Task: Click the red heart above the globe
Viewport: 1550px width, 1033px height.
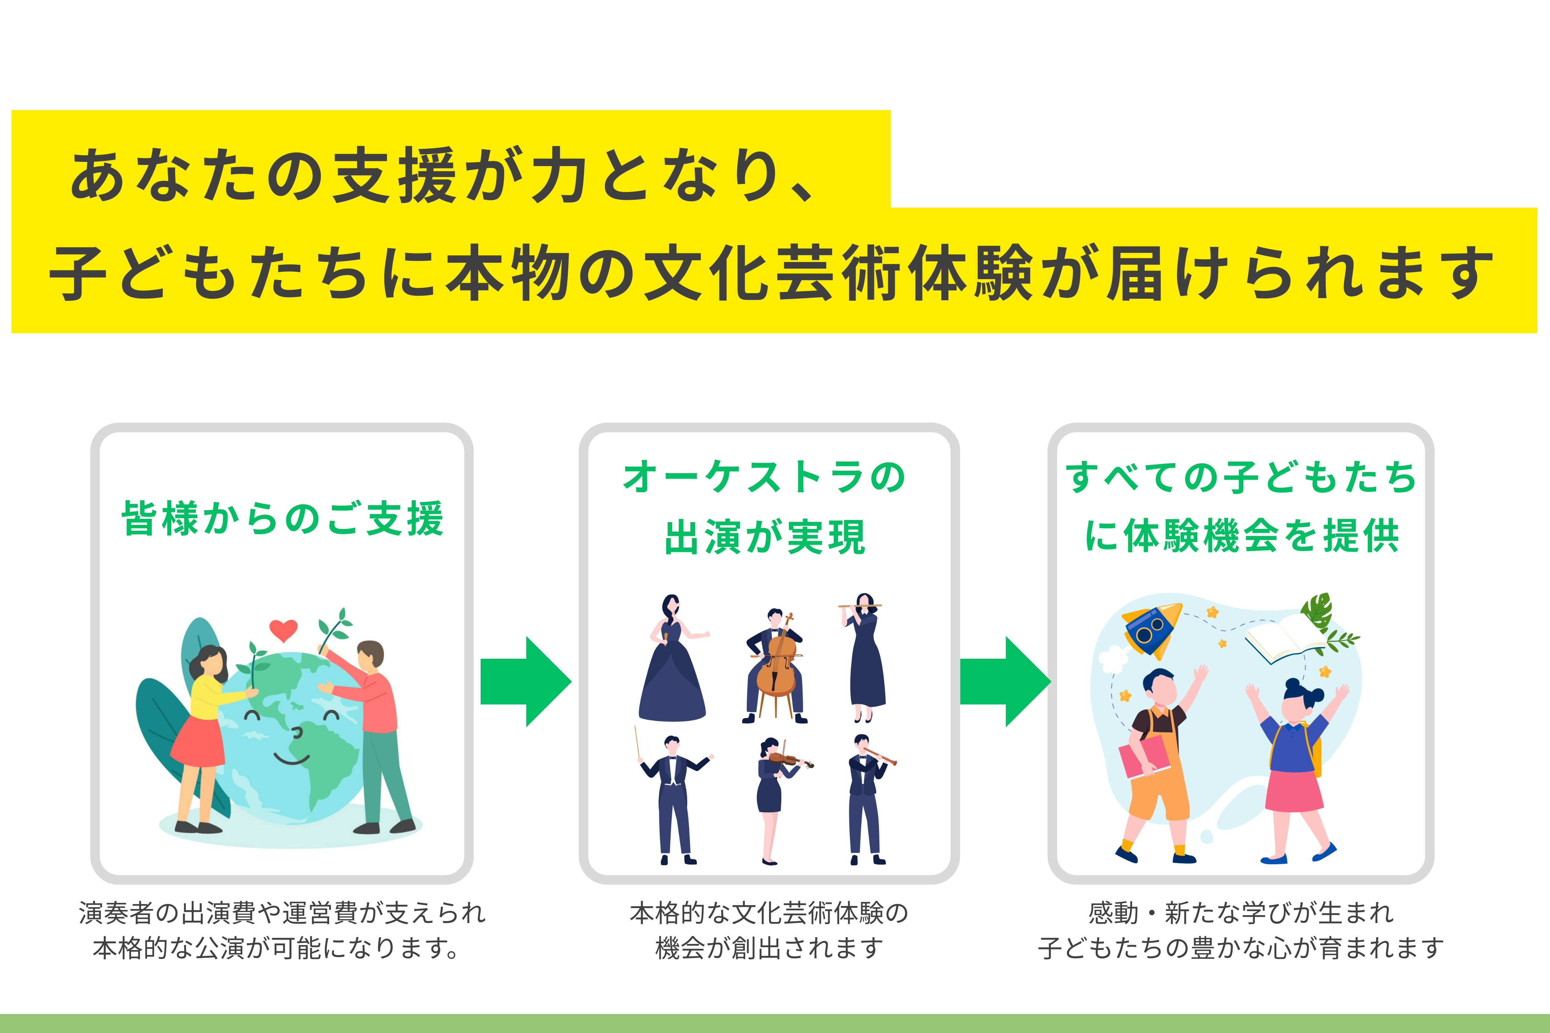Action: coord(283,630)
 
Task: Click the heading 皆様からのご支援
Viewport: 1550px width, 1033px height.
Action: coord(282,518)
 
